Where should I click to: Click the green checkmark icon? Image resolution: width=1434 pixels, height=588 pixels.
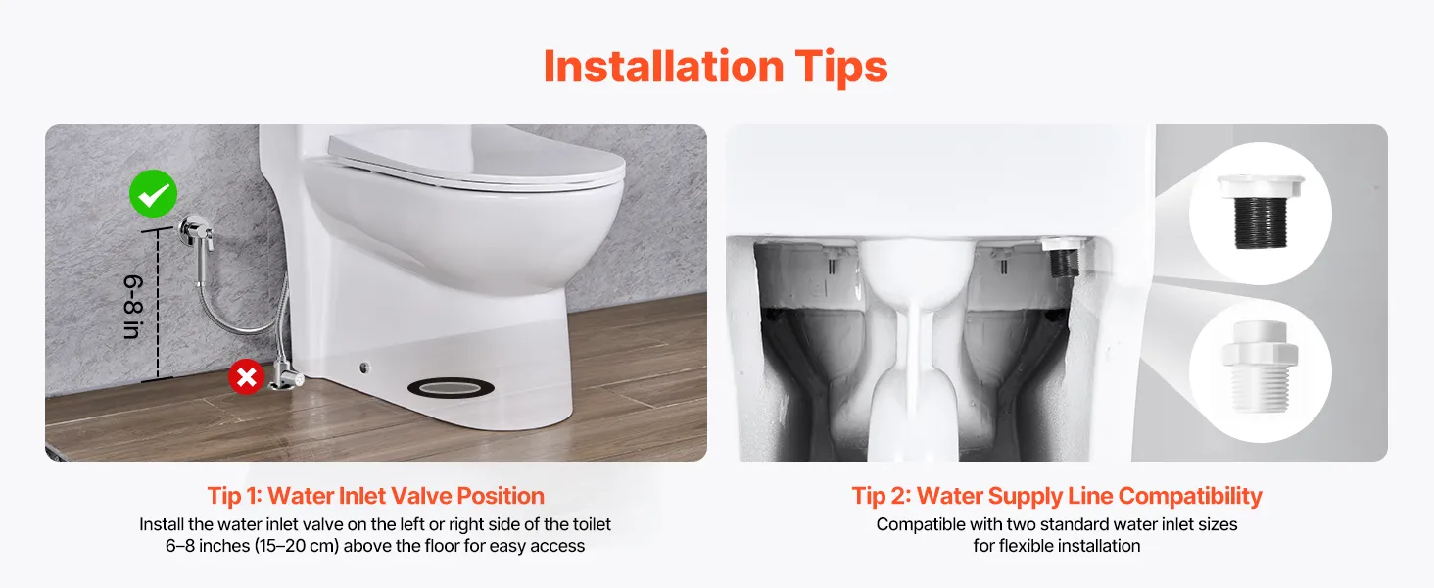coord(153,193)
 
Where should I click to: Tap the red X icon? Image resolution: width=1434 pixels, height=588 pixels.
coord(247,376)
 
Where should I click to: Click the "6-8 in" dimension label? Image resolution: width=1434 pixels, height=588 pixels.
coord(132,306)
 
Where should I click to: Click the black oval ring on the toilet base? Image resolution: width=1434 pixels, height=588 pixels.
coord(451,387)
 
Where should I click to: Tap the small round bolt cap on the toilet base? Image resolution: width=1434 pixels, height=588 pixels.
coord(364,367)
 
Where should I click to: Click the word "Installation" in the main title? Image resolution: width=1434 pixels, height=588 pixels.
coord(663,66)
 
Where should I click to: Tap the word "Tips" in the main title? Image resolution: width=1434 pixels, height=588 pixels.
coord(841,68)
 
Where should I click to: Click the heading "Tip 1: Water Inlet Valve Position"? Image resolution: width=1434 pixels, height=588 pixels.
coord(376,496)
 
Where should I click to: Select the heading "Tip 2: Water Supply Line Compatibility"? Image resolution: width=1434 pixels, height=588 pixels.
coord(1056,496)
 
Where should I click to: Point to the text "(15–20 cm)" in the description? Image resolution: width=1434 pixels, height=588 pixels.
coord(297,546)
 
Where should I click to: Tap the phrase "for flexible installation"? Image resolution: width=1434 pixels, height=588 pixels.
coord(1057,546)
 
